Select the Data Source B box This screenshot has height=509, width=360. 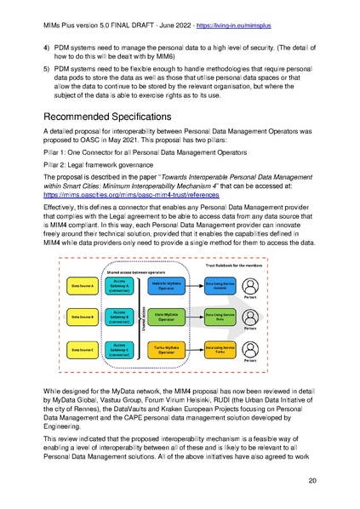pyautogui.click(x=86, y=317)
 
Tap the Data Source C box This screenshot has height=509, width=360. pyautogui.click(x=86, y=348)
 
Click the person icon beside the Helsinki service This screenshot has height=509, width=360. pyautogui.click(x=251, y=286)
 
